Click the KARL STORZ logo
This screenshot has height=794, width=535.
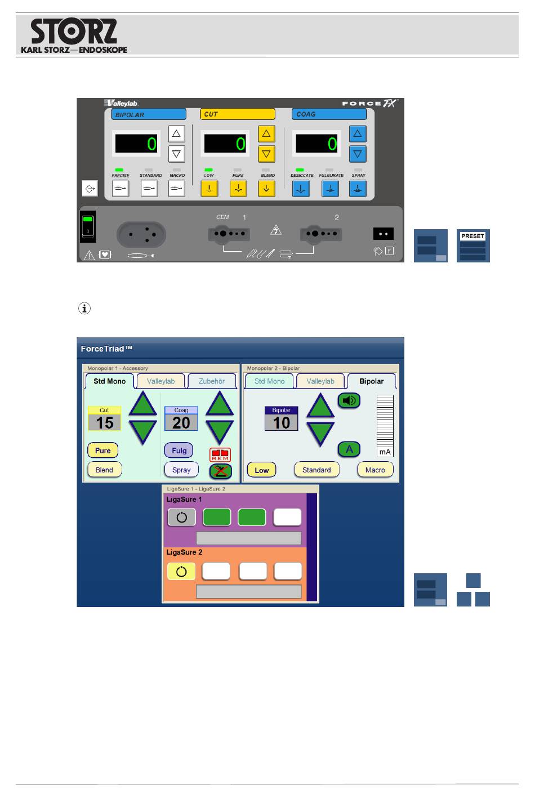point(74,35)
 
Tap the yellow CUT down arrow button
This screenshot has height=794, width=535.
point(266,154)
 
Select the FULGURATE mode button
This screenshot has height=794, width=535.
point(330,188)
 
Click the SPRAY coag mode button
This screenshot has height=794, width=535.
point(358,188)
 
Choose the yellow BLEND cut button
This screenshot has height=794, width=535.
point(266,188)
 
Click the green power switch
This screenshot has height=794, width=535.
point(88,226)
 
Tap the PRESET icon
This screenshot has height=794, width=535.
point(473,246)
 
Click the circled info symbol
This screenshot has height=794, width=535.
point(84,309)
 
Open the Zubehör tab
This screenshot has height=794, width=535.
point(212,381)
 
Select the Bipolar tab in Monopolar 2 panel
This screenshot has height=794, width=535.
point(371,381)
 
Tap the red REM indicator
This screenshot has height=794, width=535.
point(220,454)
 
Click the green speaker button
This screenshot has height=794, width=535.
point(349,400)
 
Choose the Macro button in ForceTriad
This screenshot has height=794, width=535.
point(375,470)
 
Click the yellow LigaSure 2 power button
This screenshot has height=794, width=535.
point(181,572)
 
